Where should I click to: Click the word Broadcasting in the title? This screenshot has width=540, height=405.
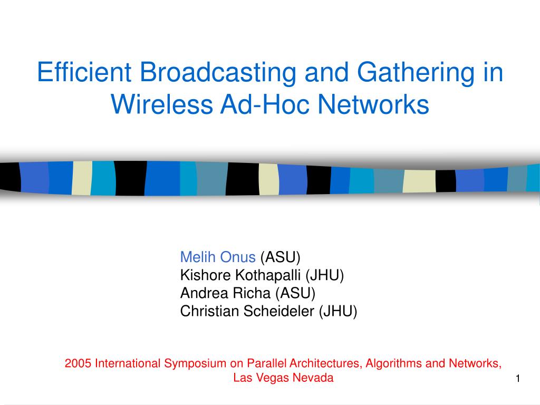click(x=218, y=72)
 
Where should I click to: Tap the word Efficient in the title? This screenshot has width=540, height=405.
click(x=84, y=72)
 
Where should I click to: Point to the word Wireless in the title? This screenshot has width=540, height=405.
click(x=162, y=104)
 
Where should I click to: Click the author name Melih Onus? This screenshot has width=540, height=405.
click(x=218, y=257)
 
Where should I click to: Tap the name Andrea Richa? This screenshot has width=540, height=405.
click(x=225, y=293)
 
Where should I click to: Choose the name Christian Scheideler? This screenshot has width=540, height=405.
click(x=247, y=311)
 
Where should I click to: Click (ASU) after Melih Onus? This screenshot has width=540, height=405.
click(x=281, y=257)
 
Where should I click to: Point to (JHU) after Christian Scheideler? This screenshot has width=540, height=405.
click(x=338, y=311)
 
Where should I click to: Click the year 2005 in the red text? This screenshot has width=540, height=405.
click(x=78, y=363)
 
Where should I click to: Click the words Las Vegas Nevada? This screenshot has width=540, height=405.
click(x=283, y=378)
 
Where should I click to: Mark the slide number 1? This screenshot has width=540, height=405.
click(x=518, y=379)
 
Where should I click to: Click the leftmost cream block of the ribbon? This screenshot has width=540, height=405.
click(x=82, y=178)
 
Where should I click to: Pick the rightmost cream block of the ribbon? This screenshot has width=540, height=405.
click(x=419, y=181)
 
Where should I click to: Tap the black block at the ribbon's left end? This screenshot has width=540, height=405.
click(x=11, y=177)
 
